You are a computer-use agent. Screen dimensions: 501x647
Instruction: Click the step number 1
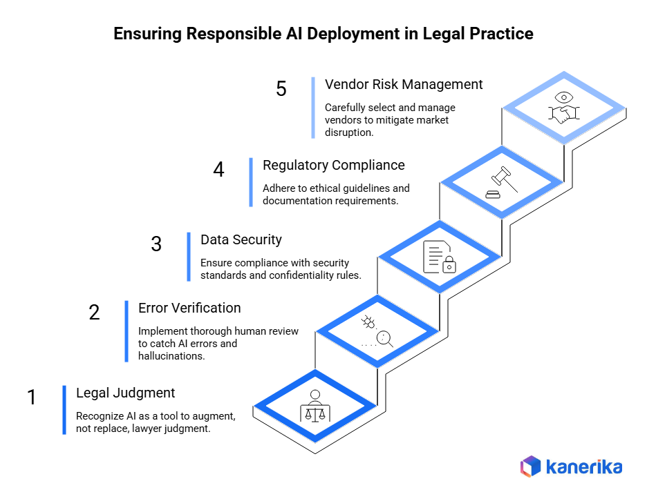[x=31, y=398]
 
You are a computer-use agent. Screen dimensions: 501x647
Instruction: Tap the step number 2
[x=94, y=313]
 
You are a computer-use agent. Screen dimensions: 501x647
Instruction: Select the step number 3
[x=156, y=244]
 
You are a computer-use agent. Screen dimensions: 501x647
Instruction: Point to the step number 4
[x=218, y=170]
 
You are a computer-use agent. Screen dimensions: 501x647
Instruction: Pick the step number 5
[x=281, y=90]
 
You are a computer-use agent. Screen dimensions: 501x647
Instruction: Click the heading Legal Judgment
[x=125, y=393]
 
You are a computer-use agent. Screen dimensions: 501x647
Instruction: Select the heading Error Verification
[x=189, y=308]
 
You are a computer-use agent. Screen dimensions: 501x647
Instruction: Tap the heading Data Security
[x=241, y=239]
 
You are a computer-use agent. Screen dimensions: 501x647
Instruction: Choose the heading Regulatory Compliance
[x=333, y=165]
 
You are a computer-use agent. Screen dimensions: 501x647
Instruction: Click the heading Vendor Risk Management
[x=404, y=84]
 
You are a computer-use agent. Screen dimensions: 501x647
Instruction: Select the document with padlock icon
[x=439, y=257]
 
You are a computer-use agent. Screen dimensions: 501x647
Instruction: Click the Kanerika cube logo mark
[x=530, y=466]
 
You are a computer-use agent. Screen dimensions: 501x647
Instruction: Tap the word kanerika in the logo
[x=584, y=466]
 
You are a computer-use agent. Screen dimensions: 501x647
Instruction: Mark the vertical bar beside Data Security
[x=188, y=257]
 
